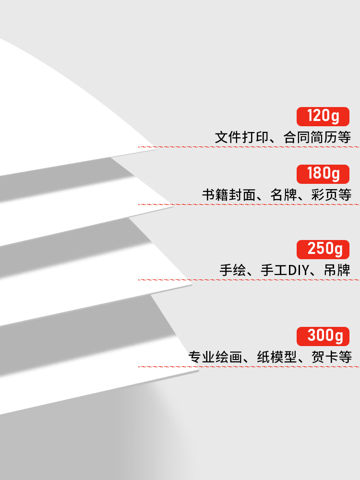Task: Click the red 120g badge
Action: (x=323, y=117)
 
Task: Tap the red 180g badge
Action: (x=323, y=174)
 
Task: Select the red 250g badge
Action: (x=323, y=250)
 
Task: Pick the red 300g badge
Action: (x=323, y=336)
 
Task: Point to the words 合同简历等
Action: (x=317, y=137)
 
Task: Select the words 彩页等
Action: (x=331, y=195)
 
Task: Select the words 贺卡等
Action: (x=332, y=357)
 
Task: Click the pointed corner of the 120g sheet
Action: (x=156, y=148)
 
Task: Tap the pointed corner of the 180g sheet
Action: (x=173, y=206)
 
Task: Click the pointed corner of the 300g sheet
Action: (x=198, y=371)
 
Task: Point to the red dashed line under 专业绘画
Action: (x=249, y=366)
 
